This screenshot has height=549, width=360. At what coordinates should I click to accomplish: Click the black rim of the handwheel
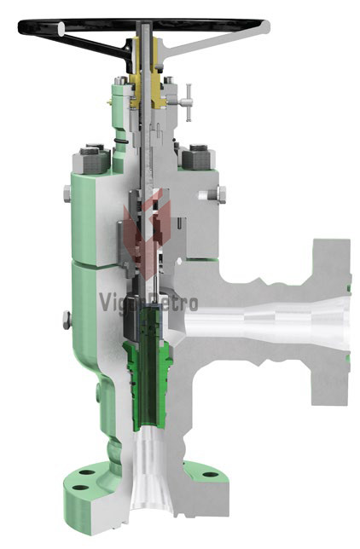click(x=34, y=26)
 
